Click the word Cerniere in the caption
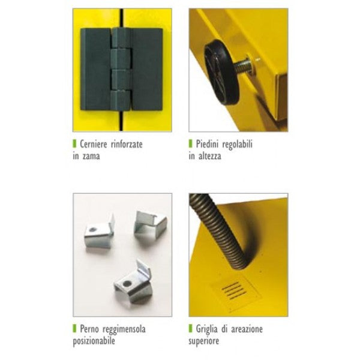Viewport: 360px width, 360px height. tap(94, 144)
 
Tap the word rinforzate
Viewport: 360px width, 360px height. tap(127, 144)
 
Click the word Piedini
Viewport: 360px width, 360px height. tap(208, 144)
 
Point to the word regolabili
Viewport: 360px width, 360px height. tap(238, 145)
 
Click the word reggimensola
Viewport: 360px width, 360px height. tap(124, 329)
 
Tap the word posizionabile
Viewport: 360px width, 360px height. tap(94, 341)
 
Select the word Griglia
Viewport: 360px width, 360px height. tap(206, 329)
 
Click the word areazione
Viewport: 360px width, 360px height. tap(247, 329)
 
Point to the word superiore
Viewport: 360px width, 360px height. tap(203, 341)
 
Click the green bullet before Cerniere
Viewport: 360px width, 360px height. tap(74, 143)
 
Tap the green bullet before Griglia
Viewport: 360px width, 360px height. tap(190, 328)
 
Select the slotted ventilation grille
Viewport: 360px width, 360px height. tap(235, 290)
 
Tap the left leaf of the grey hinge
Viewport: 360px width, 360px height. tap(97, 69)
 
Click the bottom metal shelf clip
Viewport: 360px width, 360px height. tap(133, 284)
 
